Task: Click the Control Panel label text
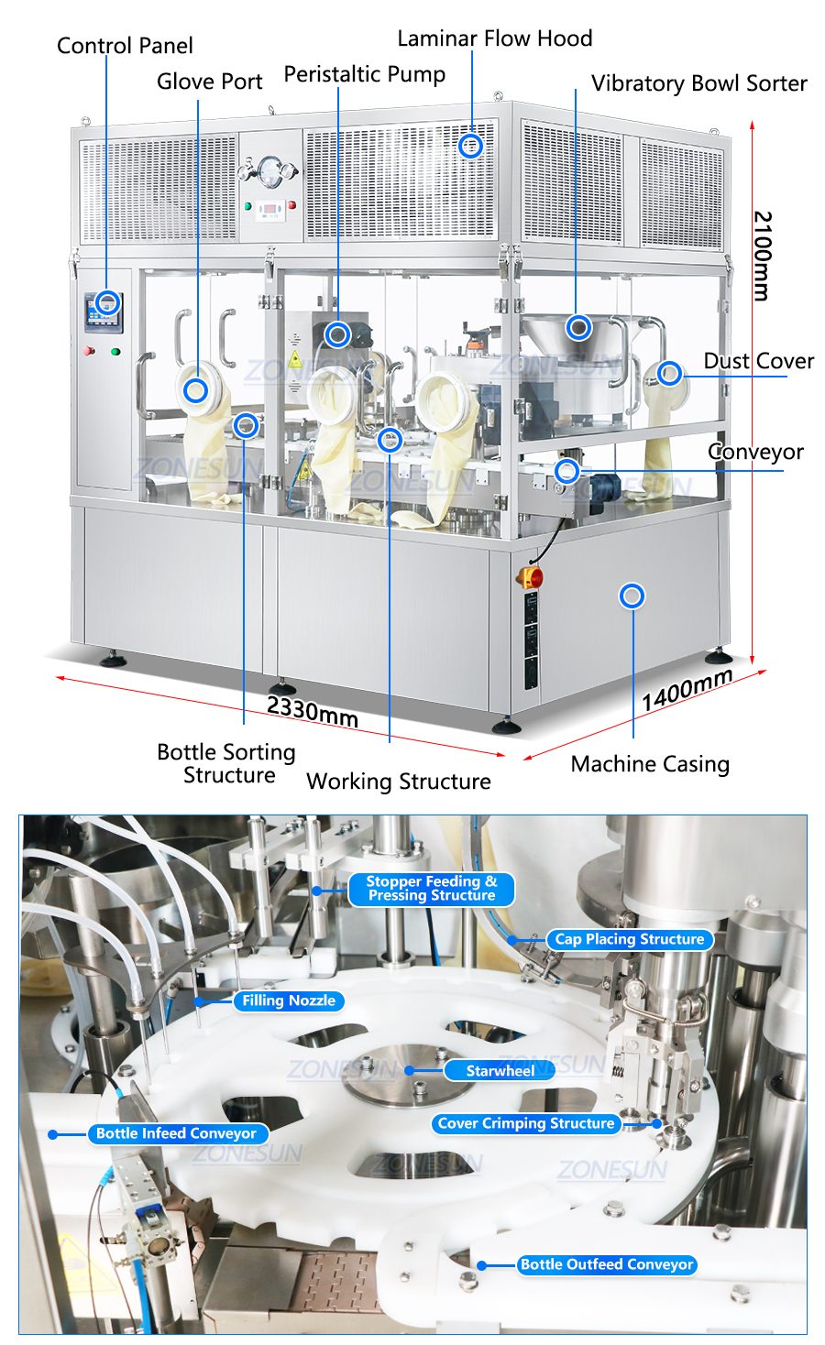pyautogui.click(x=125, y=46)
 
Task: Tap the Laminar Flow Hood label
pyautogui.click(x=494, y=38)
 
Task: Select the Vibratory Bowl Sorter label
pyautogui.click(x=698, y=83)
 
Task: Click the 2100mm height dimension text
pyautogui.click(x=762, y=256)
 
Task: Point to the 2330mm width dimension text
pyautogui.click(x=312, y=711)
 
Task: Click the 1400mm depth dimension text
pyautogui.click(x=687, y=689)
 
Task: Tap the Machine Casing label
pyautogui.click(x=650, y=764)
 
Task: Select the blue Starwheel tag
pyautogui.click(x=500, y=1071)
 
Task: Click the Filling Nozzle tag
pyautogui.click(x=288, y=1001)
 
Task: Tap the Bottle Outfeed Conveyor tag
pyautogui.click(x=607, y=1264)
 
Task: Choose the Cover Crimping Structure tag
pyautogui.click(x=525, y=1123)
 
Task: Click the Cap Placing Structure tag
pyautogui.click(x=629, y=939)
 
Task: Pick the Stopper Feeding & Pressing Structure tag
pyautogui.click(x=431, y=889)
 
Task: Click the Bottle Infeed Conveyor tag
pyautogui.click(x=176, y=1133)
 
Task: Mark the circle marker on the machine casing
pyautogui.click(x=632, y=596)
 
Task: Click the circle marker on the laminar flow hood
pyautogui.click(x=470, y=146)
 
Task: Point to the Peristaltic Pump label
pyautogui.click(x=364, y=74)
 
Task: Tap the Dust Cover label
pyautogui.click(x=758, y=361)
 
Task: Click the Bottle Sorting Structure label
pyautogui.click(x=226, y=763)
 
